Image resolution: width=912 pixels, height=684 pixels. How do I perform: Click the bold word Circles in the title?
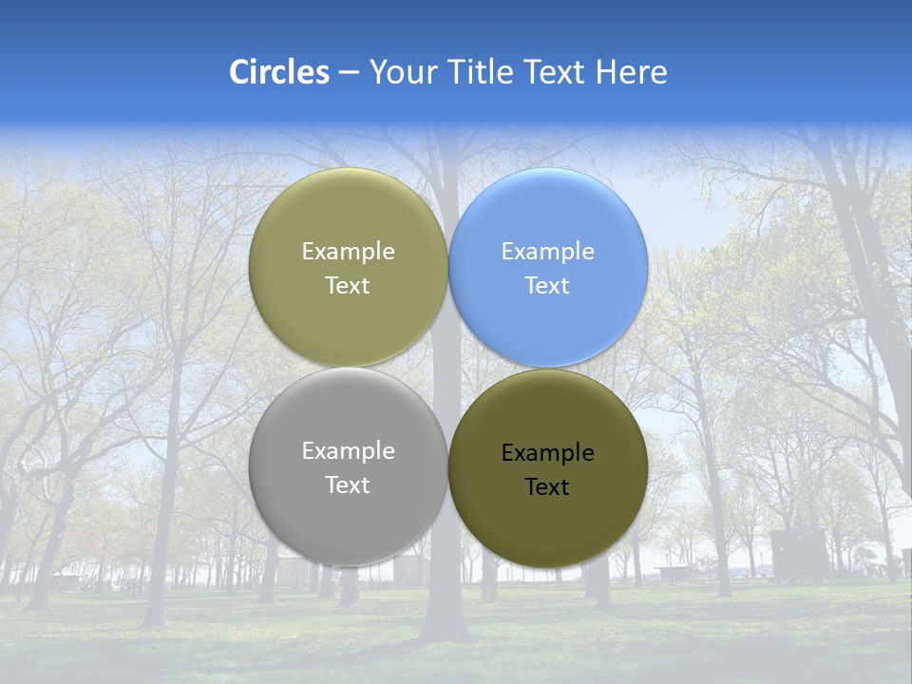pyautogui.click(x=279, y=72)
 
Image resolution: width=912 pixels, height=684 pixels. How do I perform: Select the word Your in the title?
pyautogui.click(x=403, y=72)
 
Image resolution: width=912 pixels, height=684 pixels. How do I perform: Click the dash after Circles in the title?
pyautogui.click(x=349, y=73)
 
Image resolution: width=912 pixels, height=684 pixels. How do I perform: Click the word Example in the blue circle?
pyautogui.click(x=547, y=252)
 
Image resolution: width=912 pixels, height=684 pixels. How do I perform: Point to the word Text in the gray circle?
pyautogui.click(x=348, y=485)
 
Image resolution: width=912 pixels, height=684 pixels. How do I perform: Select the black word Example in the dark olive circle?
pyautogui.click(x=547, y=453)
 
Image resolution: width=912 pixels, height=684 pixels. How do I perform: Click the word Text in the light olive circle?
pyautogui.click(x=348, y=286)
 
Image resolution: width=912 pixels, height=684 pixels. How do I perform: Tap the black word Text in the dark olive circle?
pyautogui.click(x=547, y=487)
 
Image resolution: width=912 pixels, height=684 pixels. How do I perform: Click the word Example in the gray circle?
pyautogui.click(x=348, y=451)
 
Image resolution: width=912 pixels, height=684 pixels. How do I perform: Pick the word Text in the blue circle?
pyautogui.click(x=547, y=286)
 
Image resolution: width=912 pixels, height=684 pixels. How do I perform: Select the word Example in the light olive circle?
pyautogui.click(x=348, y=252)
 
